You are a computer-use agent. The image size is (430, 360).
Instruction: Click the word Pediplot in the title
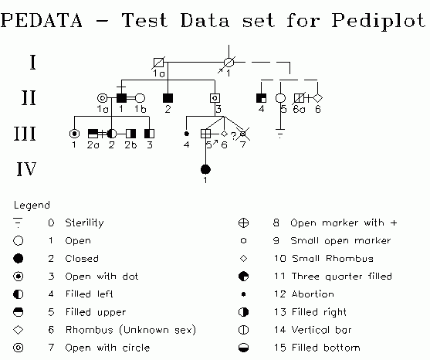coord(379,21)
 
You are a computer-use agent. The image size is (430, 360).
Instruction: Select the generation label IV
coord(26,169)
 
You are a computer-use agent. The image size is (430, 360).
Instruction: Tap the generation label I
coord(32,63)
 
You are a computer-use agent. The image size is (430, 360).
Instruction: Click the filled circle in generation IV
coord(205,169)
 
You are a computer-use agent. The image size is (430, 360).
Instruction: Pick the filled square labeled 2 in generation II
coord(168,98)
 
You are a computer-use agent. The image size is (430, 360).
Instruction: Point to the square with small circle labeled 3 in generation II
coord(215,98)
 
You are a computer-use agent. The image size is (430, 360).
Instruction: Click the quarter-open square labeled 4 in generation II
coord(261,98)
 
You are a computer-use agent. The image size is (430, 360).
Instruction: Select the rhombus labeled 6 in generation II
coord(317,98)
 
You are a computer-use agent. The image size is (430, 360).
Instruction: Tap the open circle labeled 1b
coord(140,98)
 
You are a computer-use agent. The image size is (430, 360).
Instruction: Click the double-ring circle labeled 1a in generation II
coord(103,98)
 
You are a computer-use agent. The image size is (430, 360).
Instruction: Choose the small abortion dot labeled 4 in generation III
coord(187,134)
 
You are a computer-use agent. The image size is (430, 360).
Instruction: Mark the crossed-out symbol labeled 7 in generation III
coord(243,134)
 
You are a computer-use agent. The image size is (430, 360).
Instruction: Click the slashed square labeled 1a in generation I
coord(158,63)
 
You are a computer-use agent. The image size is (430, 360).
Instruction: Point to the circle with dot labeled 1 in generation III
coord(74,134)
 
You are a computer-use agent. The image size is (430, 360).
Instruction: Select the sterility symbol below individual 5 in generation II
coord(280,133)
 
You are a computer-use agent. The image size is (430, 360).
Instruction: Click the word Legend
coord(32,205)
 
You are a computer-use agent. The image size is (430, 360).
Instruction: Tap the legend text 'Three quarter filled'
coord(342,276)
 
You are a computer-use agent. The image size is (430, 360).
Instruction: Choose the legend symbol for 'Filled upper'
coord(19,312)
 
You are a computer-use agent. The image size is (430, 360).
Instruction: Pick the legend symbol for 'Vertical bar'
coord(243,330)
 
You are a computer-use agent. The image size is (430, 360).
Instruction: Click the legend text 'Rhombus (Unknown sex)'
coord(130,330)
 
